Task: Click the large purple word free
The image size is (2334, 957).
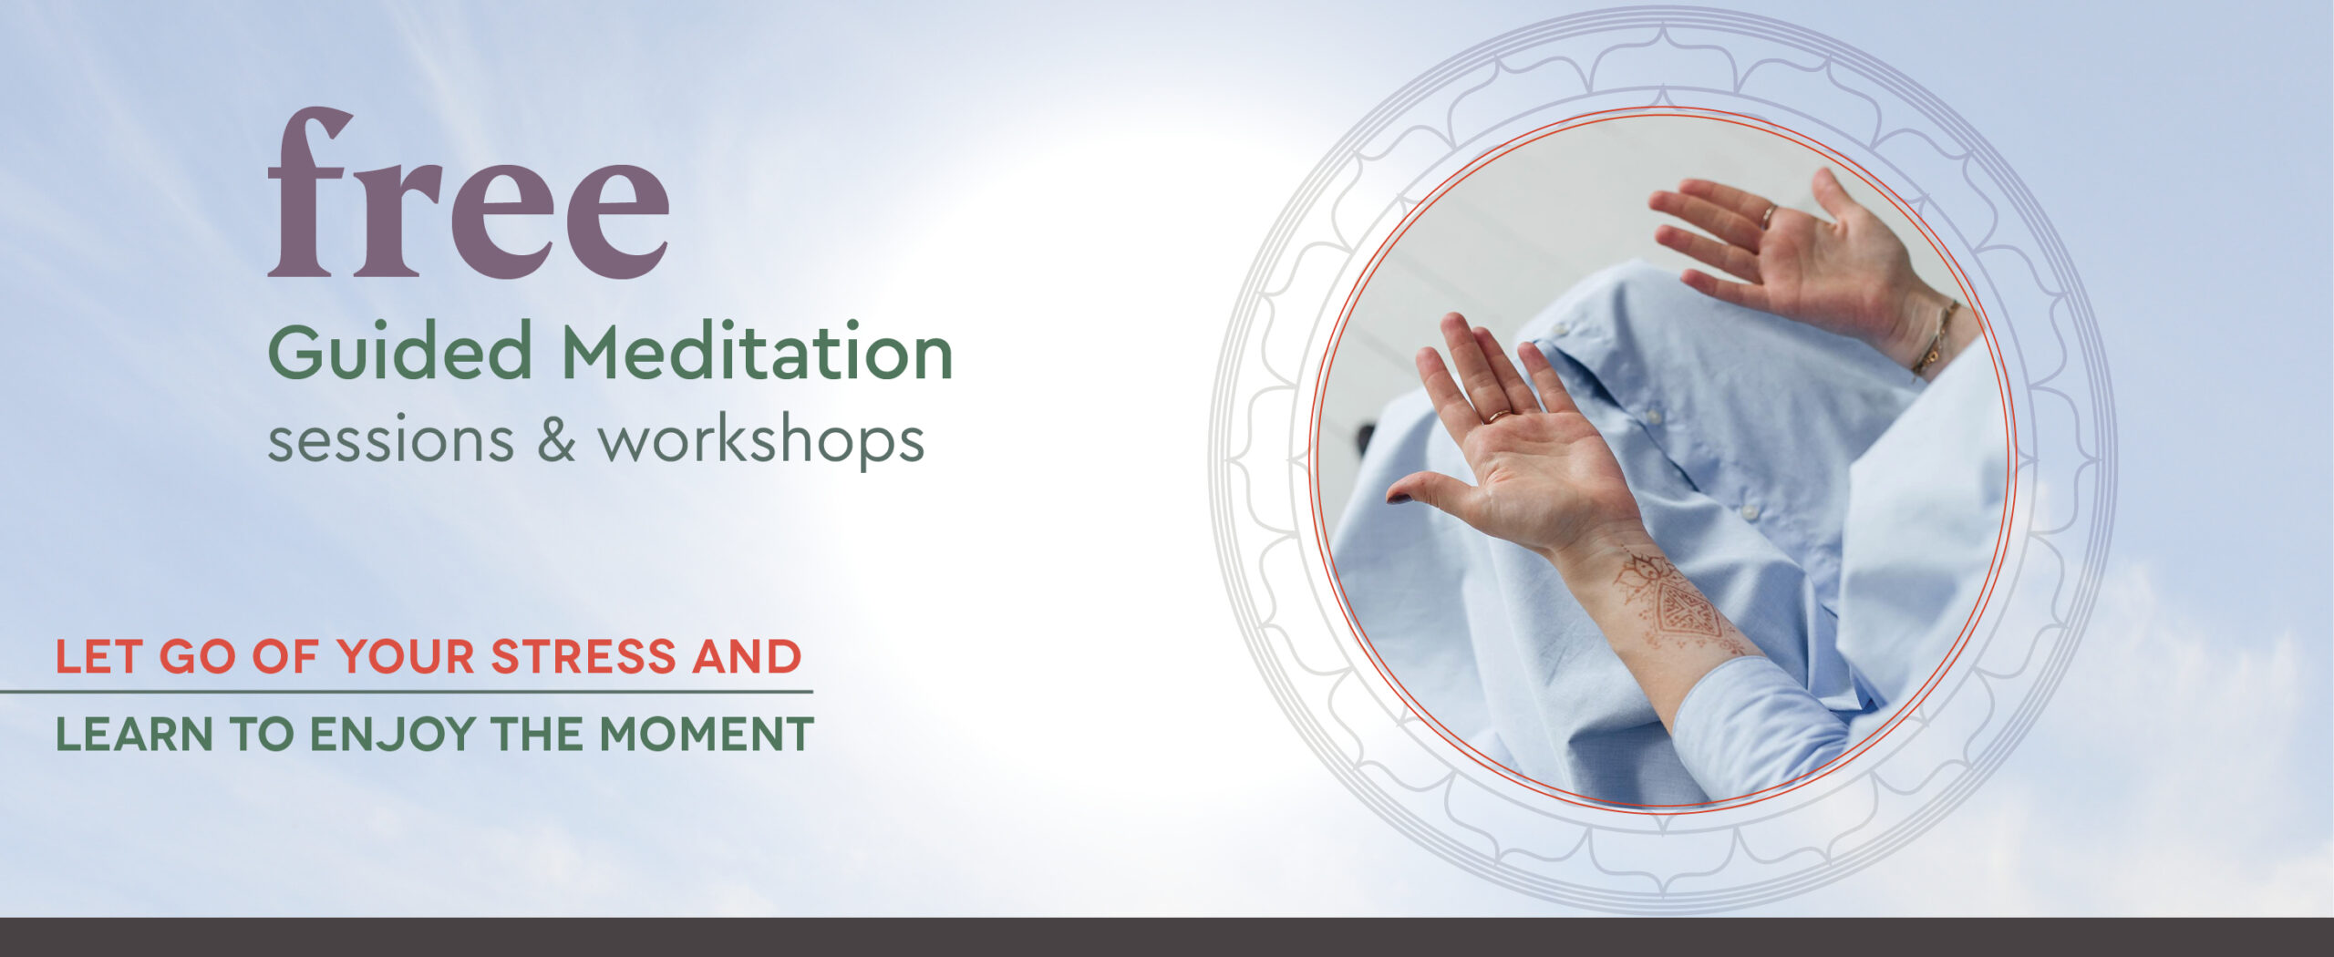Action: (468, 192)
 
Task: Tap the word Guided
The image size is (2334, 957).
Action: (399, 352)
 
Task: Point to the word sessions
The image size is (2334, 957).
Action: (390, 440)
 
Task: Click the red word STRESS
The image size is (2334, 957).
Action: (583, 656)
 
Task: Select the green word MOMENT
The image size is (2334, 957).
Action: (707, 734)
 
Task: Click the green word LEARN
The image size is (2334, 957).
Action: (134, 734)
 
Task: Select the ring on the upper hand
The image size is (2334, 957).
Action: (1769, 217)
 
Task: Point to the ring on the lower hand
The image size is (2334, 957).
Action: (1500, 416)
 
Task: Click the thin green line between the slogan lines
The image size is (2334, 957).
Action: (406, 692)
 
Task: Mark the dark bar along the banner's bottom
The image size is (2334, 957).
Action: (1167, 937)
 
